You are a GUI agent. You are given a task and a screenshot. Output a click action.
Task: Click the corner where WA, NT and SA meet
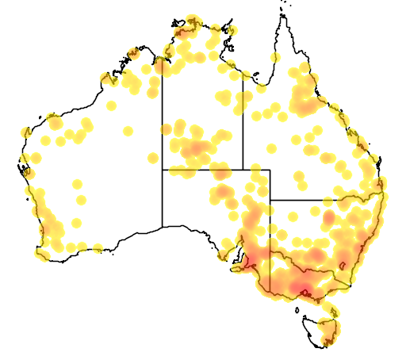pyautogui.click(x=163, y=169)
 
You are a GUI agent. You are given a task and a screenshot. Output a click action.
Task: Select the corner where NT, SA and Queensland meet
pyautogui.click(x=243, y=169)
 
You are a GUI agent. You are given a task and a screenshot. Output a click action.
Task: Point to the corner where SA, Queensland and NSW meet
pyautogui.click(x=270, y=200)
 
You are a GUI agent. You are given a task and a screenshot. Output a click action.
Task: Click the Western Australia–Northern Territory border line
pyautogui.click(x=163, y=119)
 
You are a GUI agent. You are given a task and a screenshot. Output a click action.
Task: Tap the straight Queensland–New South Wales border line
pyautogui.click(x=317, y=200)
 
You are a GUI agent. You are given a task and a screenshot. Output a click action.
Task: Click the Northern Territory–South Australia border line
pyautogui.click(x=202, y=169)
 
